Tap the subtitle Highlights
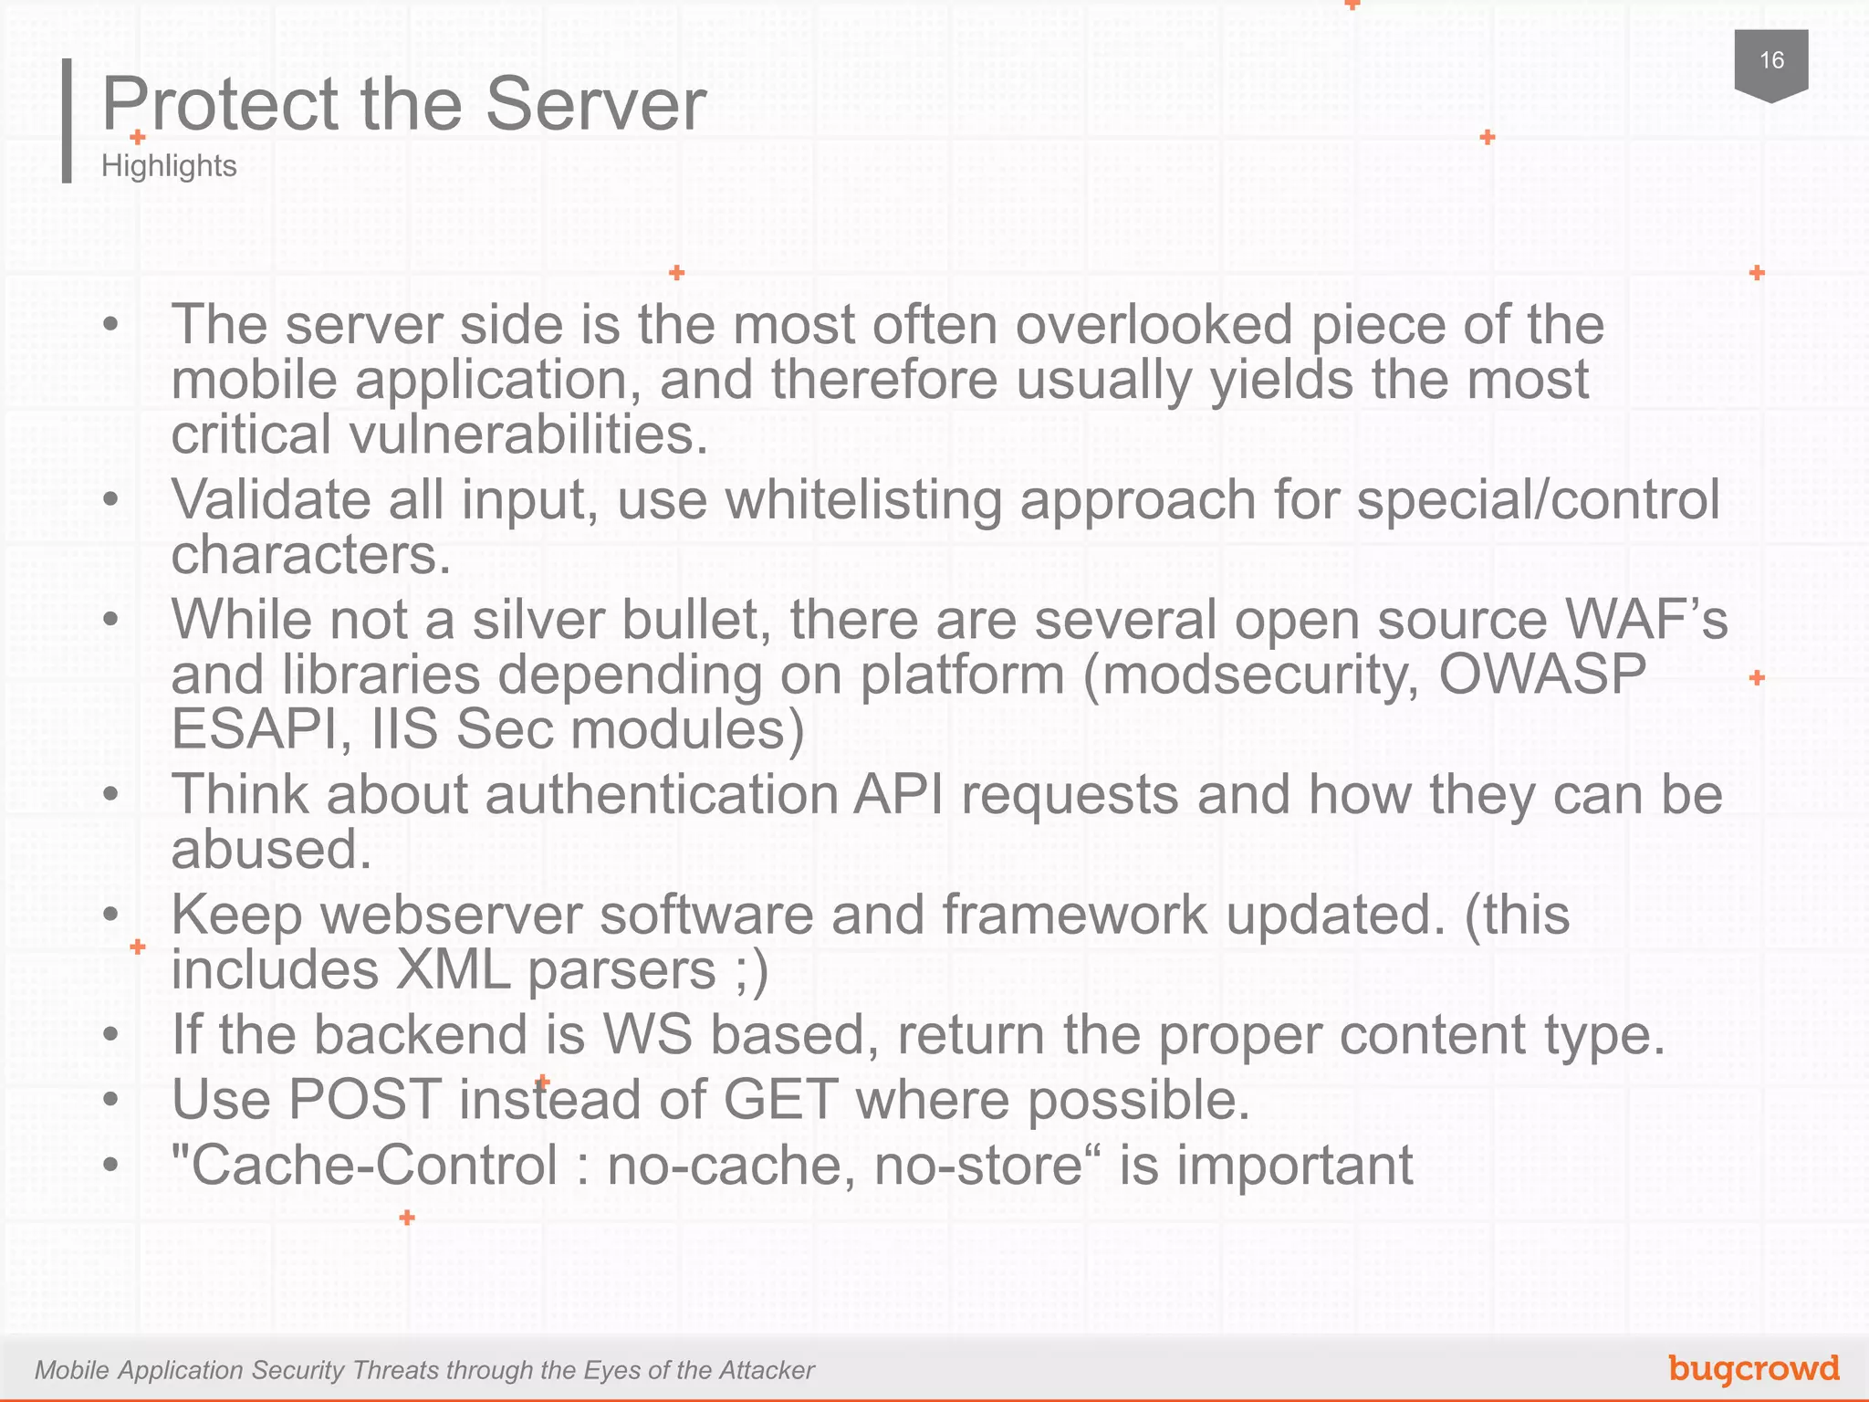169,166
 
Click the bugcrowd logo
1753,1368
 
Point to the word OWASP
1542,675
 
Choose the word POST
365,1099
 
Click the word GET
780,1099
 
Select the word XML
453,969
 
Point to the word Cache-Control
374,1166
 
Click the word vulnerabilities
529,434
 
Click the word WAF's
1645,620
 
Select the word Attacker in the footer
766,1370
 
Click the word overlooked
1154,325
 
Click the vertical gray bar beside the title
67,120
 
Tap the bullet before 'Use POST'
111,1100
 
